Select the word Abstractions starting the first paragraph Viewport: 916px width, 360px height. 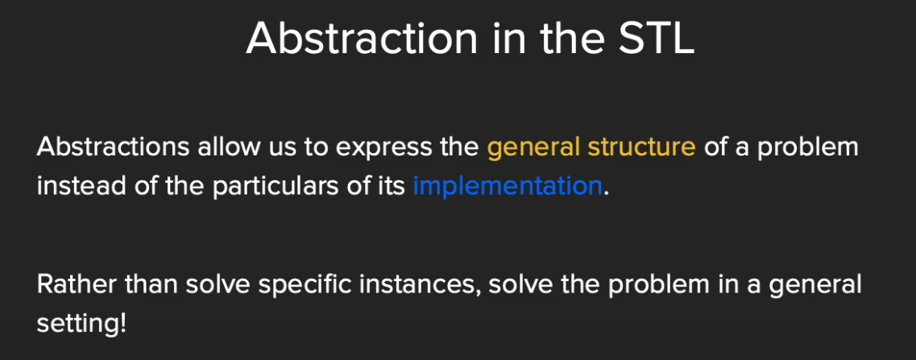[113, 147]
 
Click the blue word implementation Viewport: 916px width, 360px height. [507, 187]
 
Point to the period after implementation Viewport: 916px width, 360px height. [606, 195]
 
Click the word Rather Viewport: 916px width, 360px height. [73, 284]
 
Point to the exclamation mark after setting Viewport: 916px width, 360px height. [122, 324]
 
